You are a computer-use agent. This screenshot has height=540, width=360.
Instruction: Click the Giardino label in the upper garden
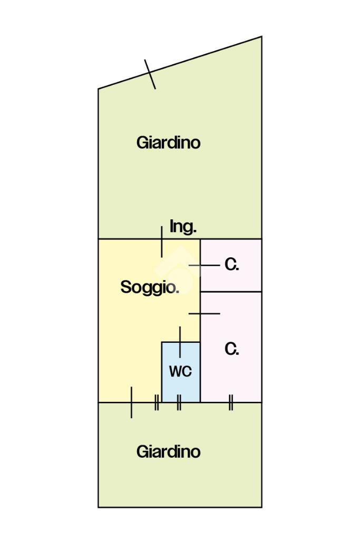tap(168, 143)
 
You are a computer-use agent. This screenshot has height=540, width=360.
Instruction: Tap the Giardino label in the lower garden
tap(168, 452)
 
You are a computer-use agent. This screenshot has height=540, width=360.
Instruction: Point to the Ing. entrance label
tap(183, 227)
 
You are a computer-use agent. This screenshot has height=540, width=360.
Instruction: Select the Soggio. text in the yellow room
tap(150, 287)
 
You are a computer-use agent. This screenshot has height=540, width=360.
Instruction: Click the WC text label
tap(180, 371)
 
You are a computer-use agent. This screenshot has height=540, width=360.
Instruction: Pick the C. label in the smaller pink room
tap(232, 265)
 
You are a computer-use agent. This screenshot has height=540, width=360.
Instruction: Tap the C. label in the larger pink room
tap(232, 349)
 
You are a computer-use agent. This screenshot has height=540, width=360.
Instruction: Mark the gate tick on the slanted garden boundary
tap(150, 74)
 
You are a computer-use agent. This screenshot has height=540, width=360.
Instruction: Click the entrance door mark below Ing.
tap(161, 242)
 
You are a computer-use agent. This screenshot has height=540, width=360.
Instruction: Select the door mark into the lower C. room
tap(204, 314)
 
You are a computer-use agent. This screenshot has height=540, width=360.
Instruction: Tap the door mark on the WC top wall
tap(180, 342)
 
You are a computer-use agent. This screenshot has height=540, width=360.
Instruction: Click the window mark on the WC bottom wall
tap(179, 403)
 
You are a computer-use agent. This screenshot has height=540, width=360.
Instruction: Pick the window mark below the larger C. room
tap(231, 403)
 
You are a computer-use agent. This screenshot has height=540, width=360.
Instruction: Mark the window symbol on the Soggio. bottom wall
tap(157, 403)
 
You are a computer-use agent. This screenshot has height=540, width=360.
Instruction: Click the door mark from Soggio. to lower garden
tap(131, 403)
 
